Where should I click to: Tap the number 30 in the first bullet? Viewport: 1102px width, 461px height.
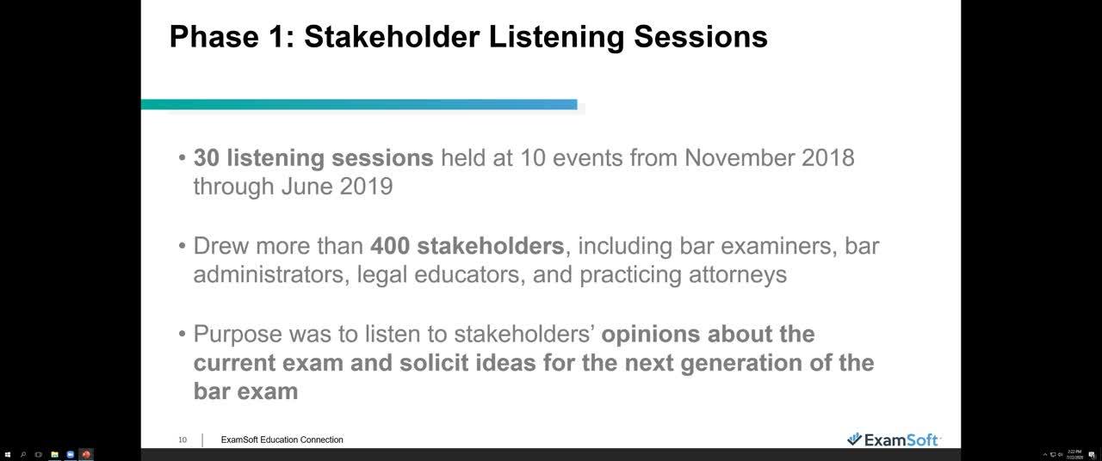(207, 158)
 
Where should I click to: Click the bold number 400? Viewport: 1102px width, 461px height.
(390, 246)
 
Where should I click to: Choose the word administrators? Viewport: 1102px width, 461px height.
(263, 274)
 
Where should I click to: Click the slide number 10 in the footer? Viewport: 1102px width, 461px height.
(183, 439)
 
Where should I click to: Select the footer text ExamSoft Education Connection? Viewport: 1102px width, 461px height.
(282, 439)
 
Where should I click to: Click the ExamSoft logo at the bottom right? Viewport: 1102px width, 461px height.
(893, 439)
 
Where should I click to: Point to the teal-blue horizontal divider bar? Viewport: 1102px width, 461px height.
(359, 105)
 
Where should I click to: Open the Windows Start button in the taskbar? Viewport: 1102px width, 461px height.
(8, 454)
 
